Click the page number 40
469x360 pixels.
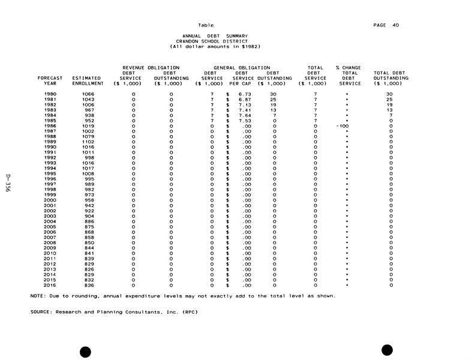(395, 25)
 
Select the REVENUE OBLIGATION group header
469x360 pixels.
(151, 68)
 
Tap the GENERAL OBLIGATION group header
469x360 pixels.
(242, 68)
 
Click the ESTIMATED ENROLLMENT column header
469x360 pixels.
(86, 80)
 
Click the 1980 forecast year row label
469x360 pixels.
(50, 94)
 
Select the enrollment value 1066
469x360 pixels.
(88, 94)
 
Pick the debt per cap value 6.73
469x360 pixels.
(245, 94)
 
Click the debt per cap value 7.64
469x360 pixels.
(245, 115)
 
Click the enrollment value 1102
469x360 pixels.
(88, 142)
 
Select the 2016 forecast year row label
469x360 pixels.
(50, 285)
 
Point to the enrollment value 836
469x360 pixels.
(89, 285)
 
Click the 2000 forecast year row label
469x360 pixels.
(50, 200)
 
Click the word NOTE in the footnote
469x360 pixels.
(37, 296)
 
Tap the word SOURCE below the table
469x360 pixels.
(41, 312)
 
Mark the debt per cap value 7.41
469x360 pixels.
(245, 110)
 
